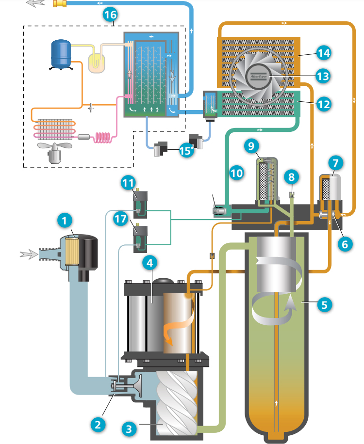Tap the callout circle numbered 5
[x=325, y=305]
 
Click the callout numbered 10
[x=236, y=173]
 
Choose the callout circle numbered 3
[x=128, y=428]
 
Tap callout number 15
[x=185, y=150]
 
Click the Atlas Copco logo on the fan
[x=259, y=76]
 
